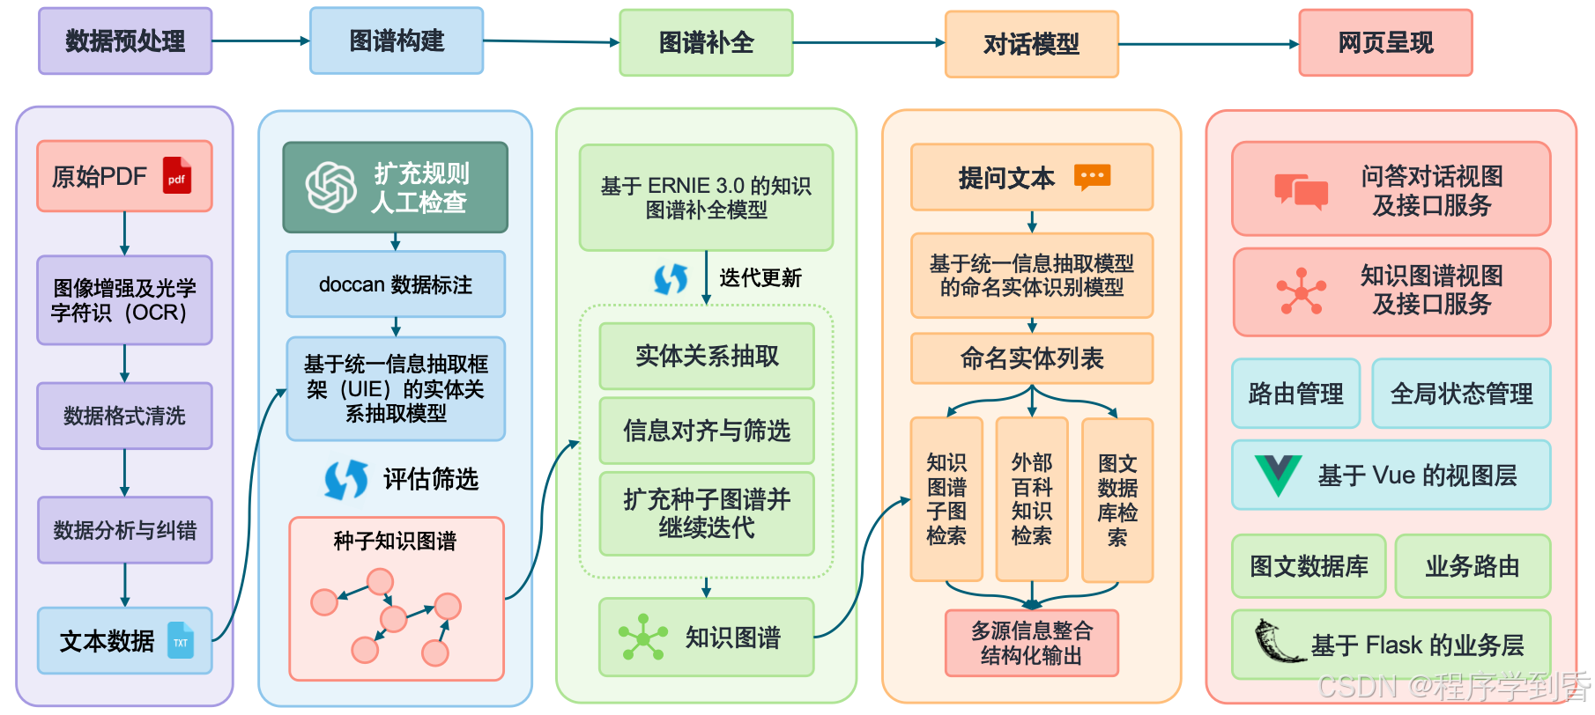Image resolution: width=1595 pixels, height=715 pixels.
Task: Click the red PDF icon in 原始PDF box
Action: pyautogui.click(x=177, y=176)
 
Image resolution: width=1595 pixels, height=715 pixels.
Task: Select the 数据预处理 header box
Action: pyautogui.click(x=125, y=41)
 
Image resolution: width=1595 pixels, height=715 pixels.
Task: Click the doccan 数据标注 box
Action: pyautogui.click(x=396, y=284)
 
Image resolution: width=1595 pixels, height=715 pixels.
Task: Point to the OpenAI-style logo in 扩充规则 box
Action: pyautogui.click(x=330, y=188)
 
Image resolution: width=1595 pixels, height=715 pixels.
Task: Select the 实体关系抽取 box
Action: pyautogui.click(x=707, y=356)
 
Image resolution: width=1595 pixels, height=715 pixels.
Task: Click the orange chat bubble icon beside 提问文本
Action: pyautogui.click(x=1092, y=177)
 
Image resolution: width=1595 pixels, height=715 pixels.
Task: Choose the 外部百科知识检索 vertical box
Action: pyautogui.click(x=1031, y=499)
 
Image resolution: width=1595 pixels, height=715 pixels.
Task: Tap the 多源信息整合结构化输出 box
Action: pyautogui.click(x=1031, y=644)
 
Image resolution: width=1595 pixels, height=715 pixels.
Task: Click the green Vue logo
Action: pyautogui.click(x=1277, y=475)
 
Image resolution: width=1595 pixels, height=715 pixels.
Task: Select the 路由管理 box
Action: pyautogui.click(x=1295, y=394)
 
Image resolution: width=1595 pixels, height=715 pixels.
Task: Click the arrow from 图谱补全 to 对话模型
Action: pyautogui.click(x=868, y=42)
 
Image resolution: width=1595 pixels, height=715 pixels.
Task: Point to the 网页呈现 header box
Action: pyautogui.click(x=1385, y=43)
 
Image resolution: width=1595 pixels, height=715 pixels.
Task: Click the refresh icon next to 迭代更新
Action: pyautogui.click(x=671, y=279)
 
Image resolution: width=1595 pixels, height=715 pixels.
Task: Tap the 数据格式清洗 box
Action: pyautogui.click(x=124, y=416)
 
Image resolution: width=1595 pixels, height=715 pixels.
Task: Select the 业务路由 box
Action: pyautogui.click(x=1472, y=566)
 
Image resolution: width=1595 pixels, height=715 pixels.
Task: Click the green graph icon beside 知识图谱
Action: pyautogui.click(x=642, y=638)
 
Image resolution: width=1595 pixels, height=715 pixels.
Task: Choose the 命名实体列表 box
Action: pyautogui.click(x=1031, y=358)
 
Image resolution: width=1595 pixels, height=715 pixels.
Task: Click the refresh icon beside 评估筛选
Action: pyautogui.click(x=346, y=479)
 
